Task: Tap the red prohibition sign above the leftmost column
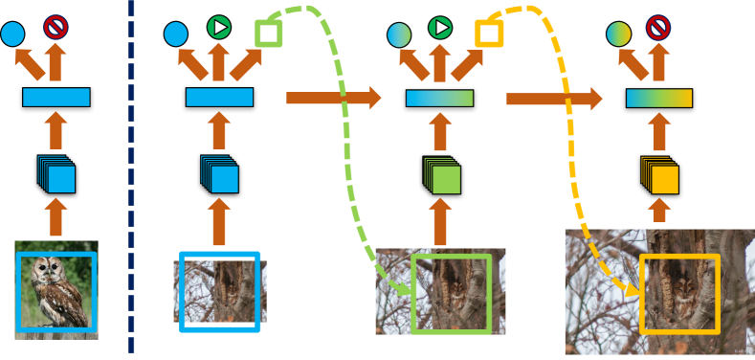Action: pyautogui.click(x=56, y=27)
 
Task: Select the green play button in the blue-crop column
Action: pyautogui.click(x=219, y=28)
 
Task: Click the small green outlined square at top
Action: pyautogui.click(x=268, y=34)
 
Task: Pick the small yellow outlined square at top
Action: pyautogui.click(x=488, y=34)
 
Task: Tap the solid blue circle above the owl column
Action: pyautogui.click(x=11, y=35)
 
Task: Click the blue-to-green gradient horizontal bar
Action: pyautogui.click(x=439, y=98)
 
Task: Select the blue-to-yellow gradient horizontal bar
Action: pyautogui.click(x=658, y=98)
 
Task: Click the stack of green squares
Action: pyautogui.click(x=442, y=177)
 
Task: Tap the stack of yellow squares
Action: pyautogui.click(x=660, y=177)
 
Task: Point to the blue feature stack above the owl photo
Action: pyautogui.click(x=57, y=175)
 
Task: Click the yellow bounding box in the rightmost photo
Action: pyautogui.click(x=679, y=293)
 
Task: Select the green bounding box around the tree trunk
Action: pyautogui.click(x=451, y=293)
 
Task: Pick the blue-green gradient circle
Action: pyautogui.click(x=399, y=35)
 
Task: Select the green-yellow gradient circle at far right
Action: pyautogui.click(x=619, y=35)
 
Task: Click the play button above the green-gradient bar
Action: pyautogui.click(x=439, y=28)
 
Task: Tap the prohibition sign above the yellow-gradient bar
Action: pyautogui.click(x=657, y=28)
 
